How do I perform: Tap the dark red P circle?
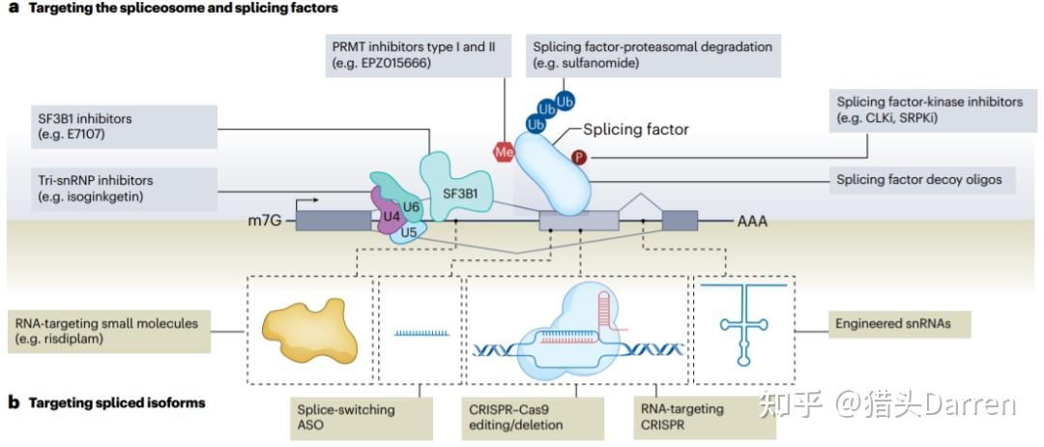click(x=579, y=157)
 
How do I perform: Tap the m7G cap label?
click(x=264, y=222)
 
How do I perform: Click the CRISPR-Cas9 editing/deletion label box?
click(x=529, y=417)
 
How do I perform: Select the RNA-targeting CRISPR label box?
click(x=688, y=417)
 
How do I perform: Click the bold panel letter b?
click(x=14, y=402)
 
